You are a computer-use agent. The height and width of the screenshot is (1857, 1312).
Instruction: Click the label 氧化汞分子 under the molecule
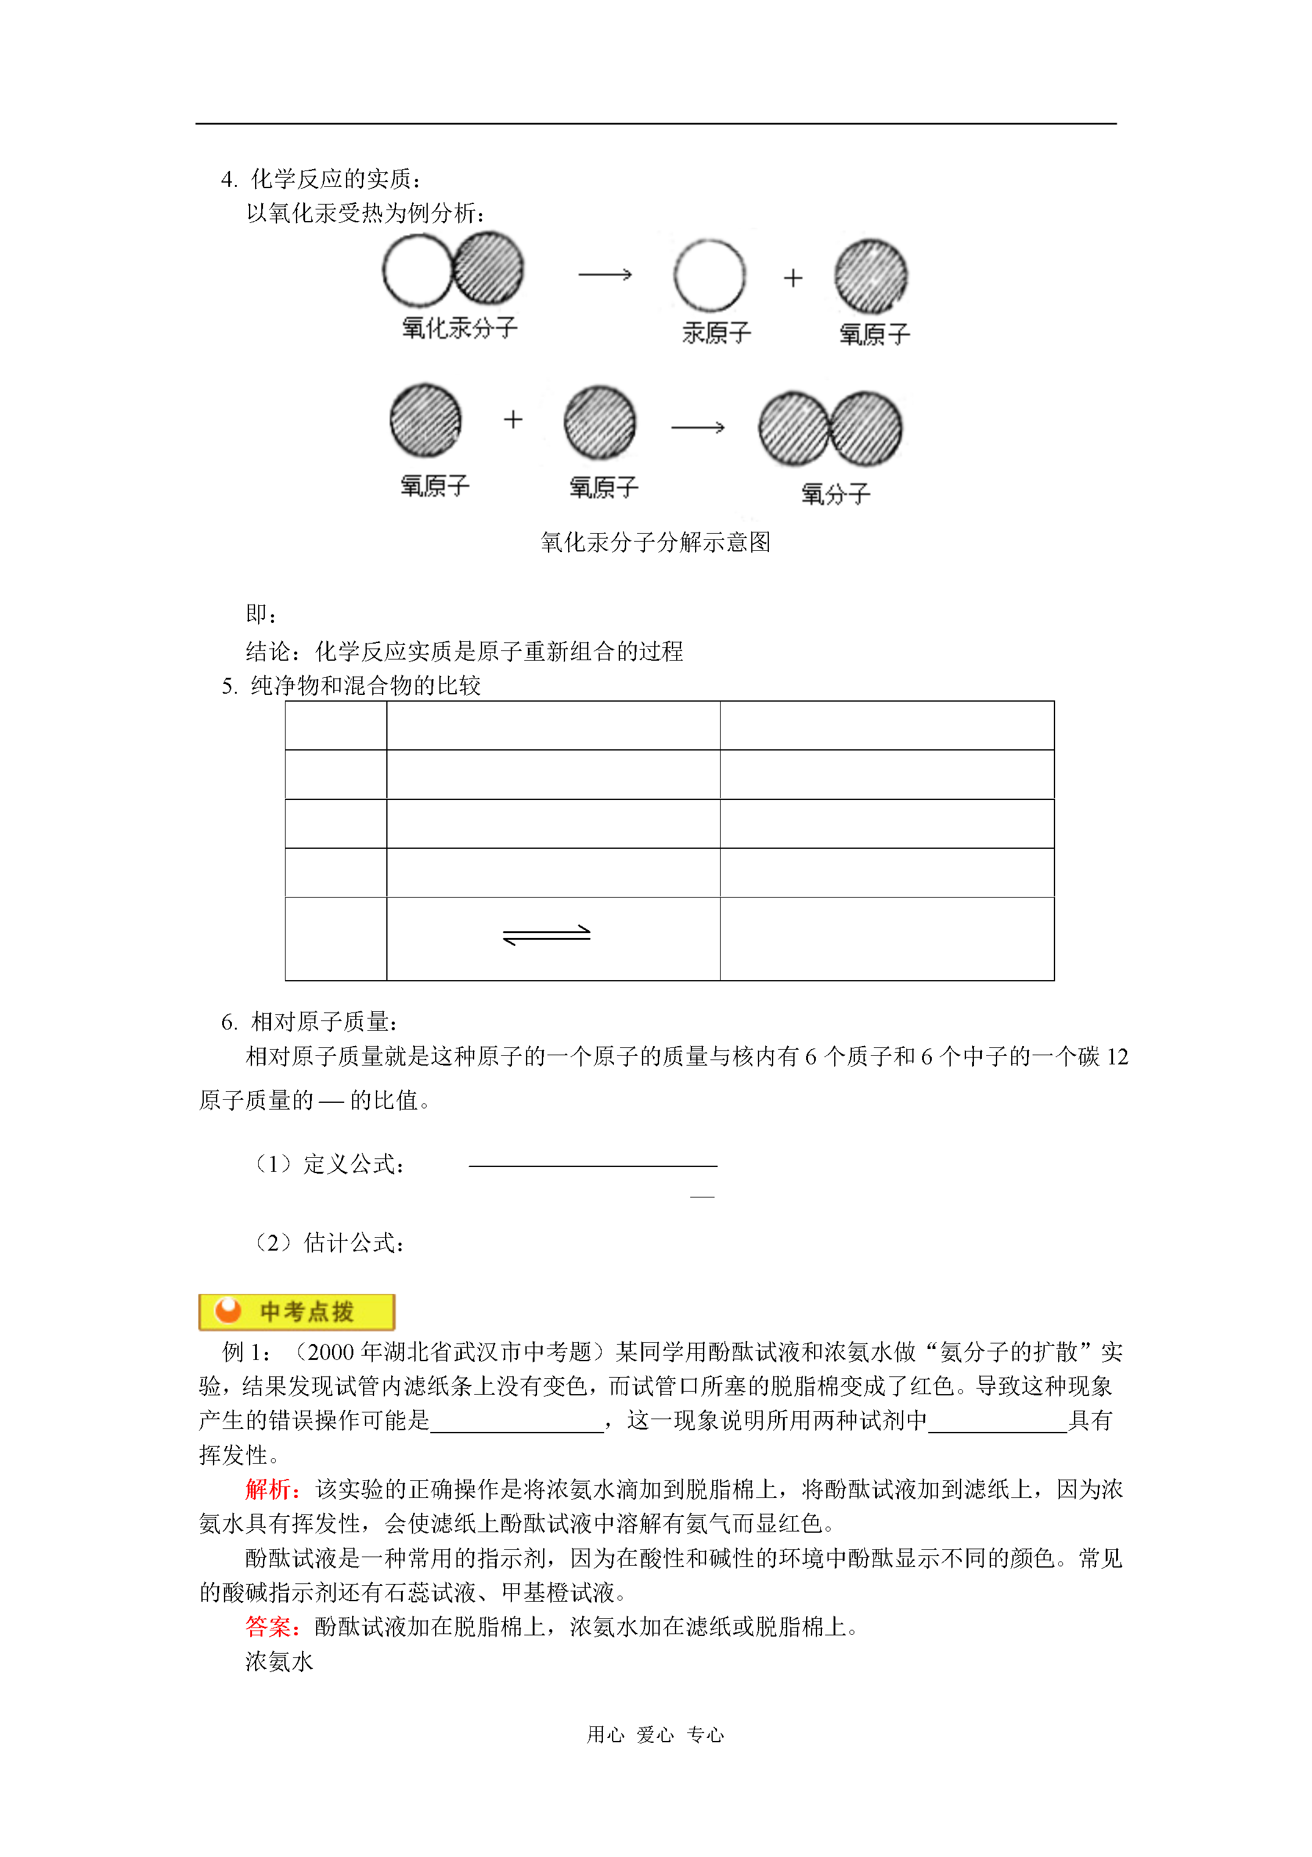pyautogui.click(x=459, y=327)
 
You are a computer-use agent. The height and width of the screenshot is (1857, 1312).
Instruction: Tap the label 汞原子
pyautogui.click(x=716, y=332)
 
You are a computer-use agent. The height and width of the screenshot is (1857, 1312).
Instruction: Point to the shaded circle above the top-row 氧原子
pyautogui.click(x=871, y=277)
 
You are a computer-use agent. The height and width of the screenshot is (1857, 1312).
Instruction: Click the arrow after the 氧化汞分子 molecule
pyautogui.click(x=605, y=275)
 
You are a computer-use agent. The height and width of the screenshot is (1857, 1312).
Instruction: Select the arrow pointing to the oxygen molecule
pyautogui.click(x=697, y=427)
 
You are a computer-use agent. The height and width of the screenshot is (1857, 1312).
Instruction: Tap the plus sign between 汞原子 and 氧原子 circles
pyautogui.click(x=793, y=278)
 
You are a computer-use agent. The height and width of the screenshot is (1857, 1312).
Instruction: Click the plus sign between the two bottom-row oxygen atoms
pyautogui.click(x=513, y=419)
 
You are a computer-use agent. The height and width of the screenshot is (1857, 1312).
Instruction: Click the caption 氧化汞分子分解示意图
pyautogui.click(x=655, y=542)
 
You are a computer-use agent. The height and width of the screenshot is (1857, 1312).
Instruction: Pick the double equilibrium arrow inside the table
pyautogui.click(x=547, y=934)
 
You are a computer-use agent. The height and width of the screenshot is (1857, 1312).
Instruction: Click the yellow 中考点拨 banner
pyautogui.click(x=297, y=1311)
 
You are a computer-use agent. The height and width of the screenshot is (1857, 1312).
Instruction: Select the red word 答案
pyautogui.click(x=270, y=1627)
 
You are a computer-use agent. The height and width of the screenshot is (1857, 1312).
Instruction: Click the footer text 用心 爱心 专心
pyautogui.click(x=655, y=1734)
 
